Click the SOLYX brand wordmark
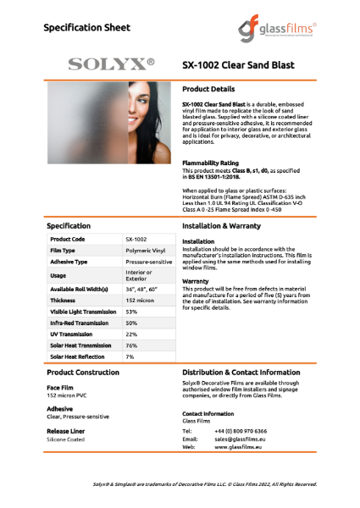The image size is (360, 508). (111, 63)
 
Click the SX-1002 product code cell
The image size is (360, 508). (136, 240)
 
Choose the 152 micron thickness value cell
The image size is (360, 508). (139, 300)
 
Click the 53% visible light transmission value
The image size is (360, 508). (131, 312)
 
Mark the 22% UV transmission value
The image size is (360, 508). (131, 334)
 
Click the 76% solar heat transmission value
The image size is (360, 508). (131, 345)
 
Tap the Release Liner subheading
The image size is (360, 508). (65, 431)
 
